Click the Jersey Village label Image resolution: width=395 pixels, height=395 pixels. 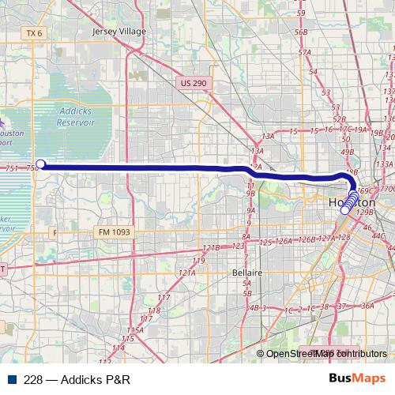(119, 32)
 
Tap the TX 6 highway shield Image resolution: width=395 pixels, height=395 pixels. (32, 33)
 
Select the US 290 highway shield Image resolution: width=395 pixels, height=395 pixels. (192, 82)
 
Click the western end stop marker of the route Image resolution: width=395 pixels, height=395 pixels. (40, 165)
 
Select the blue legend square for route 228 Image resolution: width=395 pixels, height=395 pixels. (9, 378)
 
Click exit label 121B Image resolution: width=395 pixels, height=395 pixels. (211, 248)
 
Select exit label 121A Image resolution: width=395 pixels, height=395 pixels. (186, 273)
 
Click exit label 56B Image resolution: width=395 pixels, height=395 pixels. (300, 32)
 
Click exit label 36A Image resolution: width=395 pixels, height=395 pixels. (367, 305)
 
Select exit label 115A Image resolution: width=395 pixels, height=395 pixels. (134, 329)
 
